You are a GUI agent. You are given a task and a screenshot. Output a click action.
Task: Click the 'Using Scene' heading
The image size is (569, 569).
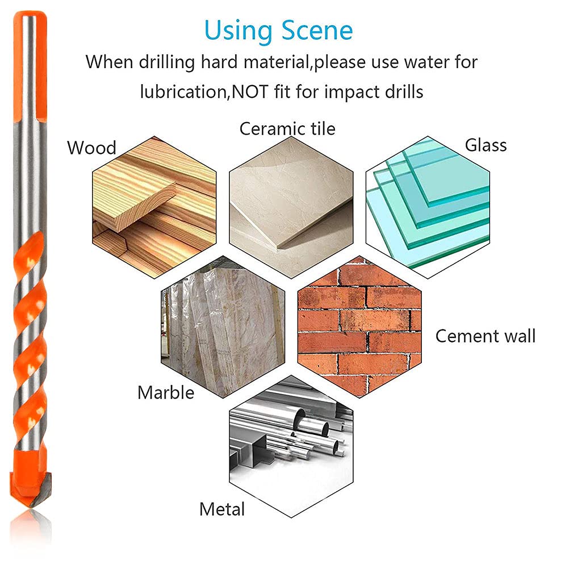click(278, 31)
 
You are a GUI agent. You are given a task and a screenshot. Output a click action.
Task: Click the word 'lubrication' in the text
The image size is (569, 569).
click(183, 91)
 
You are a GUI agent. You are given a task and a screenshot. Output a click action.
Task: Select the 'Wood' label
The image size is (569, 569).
click(91, 148)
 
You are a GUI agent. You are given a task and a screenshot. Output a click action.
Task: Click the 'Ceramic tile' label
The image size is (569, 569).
click(287, 129)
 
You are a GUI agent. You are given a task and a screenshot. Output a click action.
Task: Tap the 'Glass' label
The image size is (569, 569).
click(486, 145)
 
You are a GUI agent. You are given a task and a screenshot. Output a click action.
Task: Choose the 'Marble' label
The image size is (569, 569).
click(166, 392)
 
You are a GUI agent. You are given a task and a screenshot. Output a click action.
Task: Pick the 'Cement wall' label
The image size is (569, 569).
click(485, 336)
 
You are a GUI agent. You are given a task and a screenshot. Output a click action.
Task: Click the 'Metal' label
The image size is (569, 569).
click(222, 509)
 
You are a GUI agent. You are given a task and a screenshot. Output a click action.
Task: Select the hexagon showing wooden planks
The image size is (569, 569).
click(154, 207)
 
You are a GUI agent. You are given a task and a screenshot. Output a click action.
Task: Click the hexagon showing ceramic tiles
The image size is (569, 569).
click(291, 207)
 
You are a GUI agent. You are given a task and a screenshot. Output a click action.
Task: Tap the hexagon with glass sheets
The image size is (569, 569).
click(428, 207)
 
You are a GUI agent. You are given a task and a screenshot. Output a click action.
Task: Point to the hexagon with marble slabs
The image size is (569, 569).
click(223, 327)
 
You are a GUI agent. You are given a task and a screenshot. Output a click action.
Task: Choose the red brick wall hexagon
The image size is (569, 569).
click(359, 327)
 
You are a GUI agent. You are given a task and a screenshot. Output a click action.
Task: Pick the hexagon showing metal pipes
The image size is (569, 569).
click(291, 446)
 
